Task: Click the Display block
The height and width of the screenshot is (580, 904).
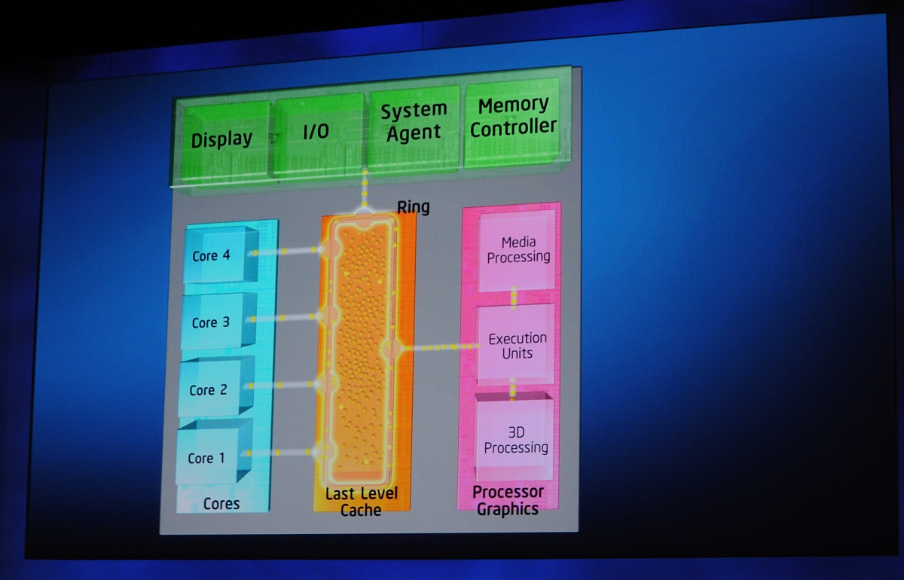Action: point(222,139)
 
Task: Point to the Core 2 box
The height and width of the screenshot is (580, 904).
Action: point(211,390)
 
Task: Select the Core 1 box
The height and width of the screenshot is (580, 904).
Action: point(209,458)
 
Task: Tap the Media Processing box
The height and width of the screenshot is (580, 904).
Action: point(518,249)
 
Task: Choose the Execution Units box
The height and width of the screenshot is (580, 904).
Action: point(518,346)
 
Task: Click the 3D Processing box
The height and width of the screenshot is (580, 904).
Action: point(516,440)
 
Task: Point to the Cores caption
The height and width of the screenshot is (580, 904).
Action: point(221,504)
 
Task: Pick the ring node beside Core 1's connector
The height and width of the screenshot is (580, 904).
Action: point(324,451)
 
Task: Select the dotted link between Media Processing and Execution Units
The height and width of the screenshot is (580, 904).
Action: point(515,297)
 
